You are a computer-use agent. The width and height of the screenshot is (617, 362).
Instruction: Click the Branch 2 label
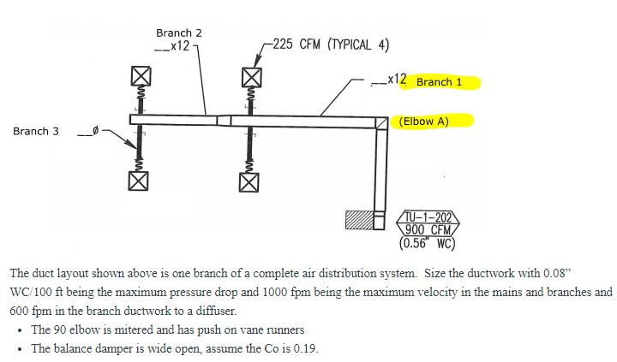[x=178, y=33]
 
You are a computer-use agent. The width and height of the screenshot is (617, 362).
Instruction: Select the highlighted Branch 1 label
[x=439, y=82]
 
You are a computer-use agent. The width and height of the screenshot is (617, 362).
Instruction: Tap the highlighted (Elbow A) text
[x=423, y=122]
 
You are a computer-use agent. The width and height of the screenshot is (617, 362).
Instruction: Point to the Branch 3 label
[x=36, y=131]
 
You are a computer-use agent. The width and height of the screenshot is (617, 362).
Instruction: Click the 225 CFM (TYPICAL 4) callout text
[x=331, y=45]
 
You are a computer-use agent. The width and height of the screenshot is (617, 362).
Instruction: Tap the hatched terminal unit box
[x=356, y=219]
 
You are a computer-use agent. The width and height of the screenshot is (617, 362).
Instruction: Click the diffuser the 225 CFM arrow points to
[x=250, y=75]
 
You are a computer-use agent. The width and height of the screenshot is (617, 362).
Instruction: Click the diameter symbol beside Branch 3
[x=96, y=131]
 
